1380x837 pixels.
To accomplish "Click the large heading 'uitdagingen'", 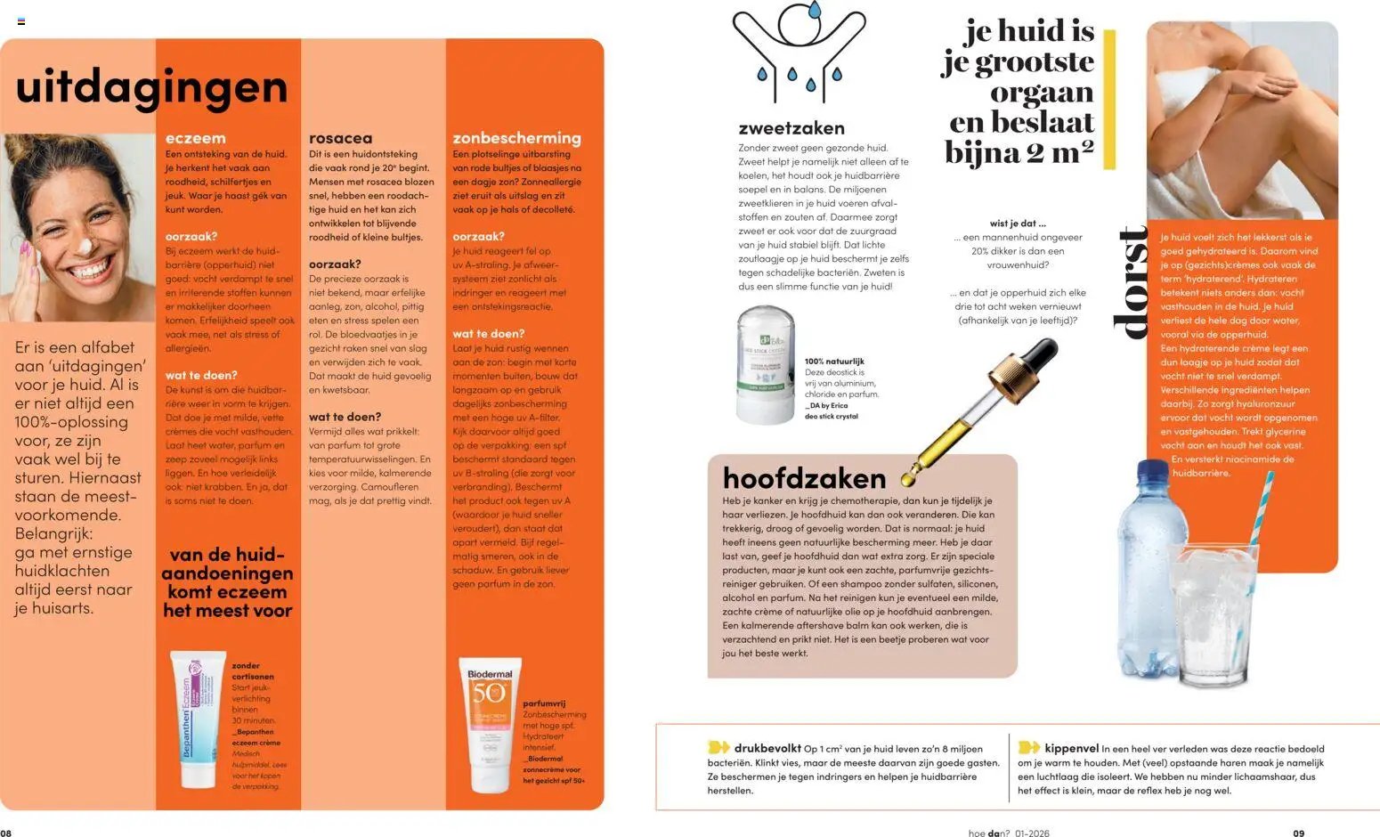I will [151, 87].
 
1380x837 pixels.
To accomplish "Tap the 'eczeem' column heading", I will [195, 138].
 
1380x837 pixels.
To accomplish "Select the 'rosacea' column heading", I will [340, 138].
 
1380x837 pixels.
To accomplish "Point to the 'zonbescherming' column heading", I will [516, 138].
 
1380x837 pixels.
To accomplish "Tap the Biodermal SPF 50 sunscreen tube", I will [489, 723].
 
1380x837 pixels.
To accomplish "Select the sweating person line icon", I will [798, 52].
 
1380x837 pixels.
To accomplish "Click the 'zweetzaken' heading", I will [791, 128].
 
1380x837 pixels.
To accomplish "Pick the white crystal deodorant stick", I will [765, 364].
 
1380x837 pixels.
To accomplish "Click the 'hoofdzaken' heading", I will [804, 478].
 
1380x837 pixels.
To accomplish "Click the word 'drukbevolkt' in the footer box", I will [767, 748].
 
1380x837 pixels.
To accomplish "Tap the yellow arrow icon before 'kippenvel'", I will [1028, 748].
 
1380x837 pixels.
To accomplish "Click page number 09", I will [1298, 833].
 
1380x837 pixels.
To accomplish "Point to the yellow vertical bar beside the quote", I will [1109, 99].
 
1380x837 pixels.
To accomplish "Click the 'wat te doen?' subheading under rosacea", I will [345, 417].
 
